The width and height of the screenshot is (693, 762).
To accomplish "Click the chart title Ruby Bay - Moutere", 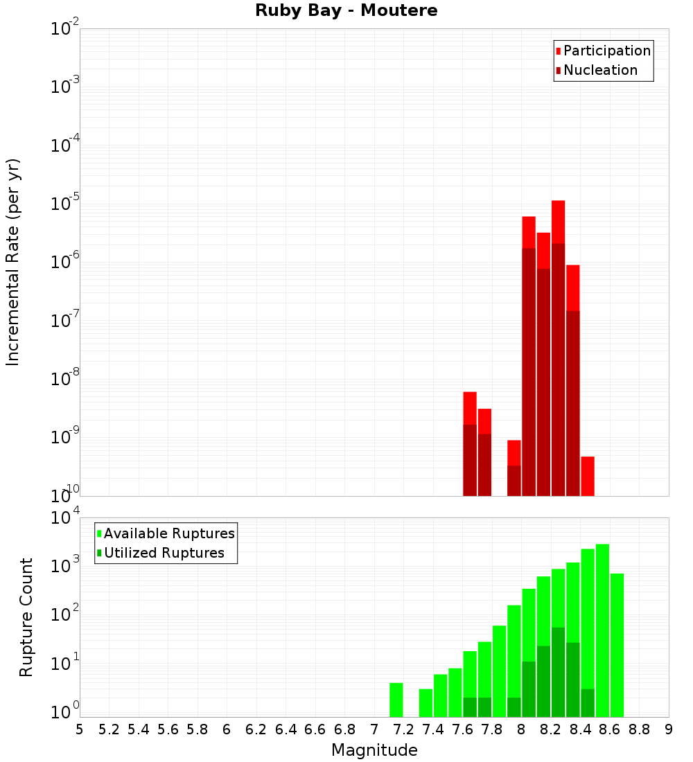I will (346, 11).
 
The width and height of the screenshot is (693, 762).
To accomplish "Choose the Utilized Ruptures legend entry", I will (164, 553).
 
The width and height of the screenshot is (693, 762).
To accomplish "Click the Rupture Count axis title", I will (26, 617).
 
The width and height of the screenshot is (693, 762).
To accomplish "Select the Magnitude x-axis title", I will (374, 750).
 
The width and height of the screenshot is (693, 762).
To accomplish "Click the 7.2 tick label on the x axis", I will (403, 729).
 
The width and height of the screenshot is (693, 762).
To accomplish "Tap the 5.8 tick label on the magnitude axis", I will (198, 729).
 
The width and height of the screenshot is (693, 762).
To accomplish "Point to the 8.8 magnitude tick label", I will (639, 729).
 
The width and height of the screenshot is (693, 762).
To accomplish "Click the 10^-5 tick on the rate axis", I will (65, 204).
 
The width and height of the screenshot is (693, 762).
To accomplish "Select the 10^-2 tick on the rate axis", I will (65, 29).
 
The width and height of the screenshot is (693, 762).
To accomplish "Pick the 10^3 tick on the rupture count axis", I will (65, 565).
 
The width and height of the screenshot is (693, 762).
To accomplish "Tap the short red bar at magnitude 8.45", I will (588, 476).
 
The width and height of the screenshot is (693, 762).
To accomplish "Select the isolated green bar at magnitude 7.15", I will (396, 700).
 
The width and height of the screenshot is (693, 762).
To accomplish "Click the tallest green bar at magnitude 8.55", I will (602, 630).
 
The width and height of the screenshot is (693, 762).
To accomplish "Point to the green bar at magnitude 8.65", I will (617, 644).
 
